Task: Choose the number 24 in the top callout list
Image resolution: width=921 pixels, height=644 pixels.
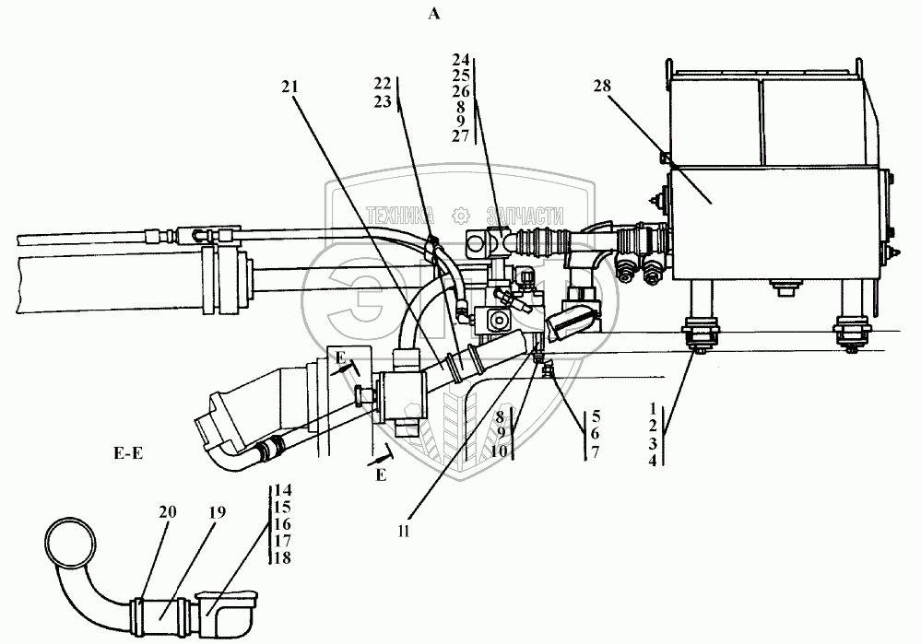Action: (x=461, y=59)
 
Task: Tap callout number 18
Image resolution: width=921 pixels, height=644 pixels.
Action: (x=282, y=558)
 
